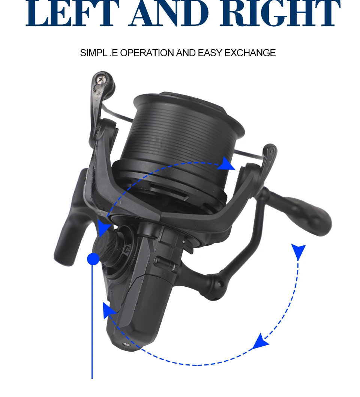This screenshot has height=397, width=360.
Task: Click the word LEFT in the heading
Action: click(x=73, y=13)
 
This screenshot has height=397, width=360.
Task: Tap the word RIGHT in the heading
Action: click(x=280, y=13)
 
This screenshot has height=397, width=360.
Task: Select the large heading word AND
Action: click(x=169, y=13)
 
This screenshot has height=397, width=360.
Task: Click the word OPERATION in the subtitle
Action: click(x=147, y=53)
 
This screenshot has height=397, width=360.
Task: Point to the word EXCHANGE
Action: click(x=250, y=53)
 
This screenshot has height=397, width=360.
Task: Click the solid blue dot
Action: click(x=93, y=259)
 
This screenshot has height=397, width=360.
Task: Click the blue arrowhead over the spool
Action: click(x=226, y=164)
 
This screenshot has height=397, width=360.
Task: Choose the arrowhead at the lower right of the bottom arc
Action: click(x=260, y=341)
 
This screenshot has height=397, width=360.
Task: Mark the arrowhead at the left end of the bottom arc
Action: click(x=109, y=310)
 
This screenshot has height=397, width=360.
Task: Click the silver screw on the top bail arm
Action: click(x=100, y=80)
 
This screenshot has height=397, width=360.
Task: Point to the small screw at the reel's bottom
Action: click(x=126, y=344)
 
